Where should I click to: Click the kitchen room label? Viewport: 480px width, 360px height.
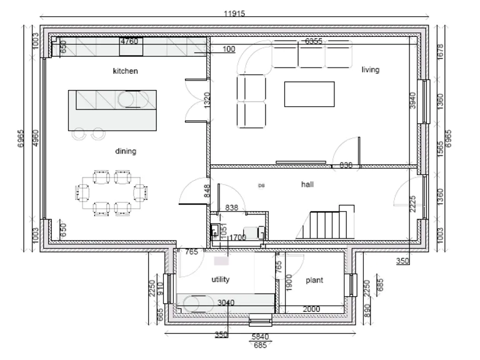tap(125, 71)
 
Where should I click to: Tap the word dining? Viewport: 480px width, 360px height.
tap(125, 151)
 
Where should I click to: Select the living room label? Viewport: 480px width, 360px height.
tap(370, 70)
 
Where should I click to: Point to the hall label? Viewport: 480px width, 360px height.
tap(307, 185)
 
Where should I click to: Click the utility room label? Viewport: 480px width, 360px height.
tap(221, 279)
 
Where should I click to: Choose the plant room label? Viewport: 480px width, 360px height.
tap(314, 281)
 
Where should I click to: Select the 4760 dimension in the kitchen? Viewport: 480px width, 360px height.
tap(129, 42)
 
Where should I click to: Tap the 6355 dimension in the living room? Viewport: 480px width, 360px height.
tap(313, 41)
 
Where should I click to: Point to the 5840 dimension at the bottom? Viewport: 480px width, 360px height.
tap(259, 337)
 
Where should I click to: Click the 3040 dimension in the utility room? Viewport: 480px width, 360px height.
tap(226, 303)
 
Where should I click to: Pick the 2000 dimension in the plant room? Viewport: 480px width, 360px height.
tap(311, 309)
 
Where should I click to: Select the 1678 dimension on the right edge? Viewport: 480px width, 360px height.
tap(440, 52)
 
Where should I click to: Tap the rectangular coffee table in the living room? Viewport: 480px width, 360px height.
tap(305, 94)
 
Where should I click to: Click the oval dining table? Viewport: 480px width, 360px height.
tap(112, 192)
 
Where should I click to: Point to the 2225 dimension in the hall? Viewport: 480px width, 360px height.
tap(412, 204)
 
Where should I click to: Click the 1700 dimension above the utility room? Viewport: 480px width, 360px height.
tap(237, 238)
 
